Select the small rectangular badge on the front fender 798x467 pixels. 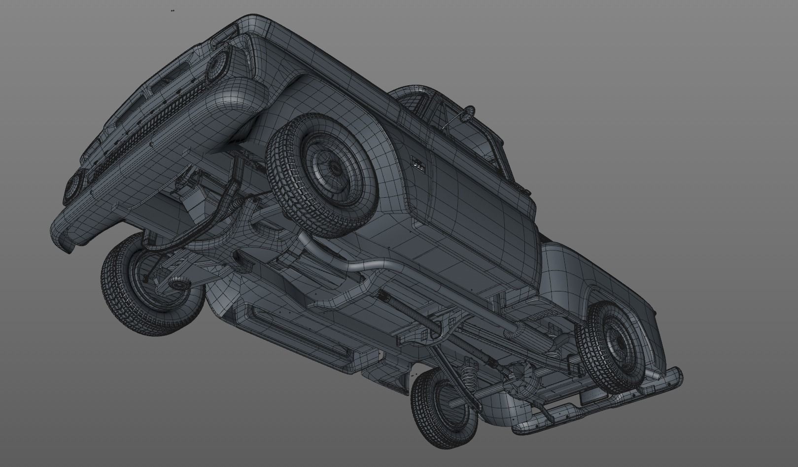coord(417,163)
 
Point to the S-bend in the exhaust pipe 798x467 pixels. coord(365,267)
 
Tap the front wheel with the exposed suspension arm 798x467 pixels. coord(148,286)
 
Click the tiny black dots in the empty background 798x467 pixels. coord(172,10)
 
